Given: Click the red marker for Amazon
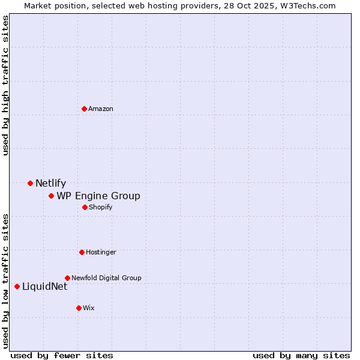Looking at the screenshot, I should pyautogui.click(x=84, y=109).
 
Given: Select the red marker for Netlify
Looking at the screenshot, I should pyautogui.click(x=30, y=183).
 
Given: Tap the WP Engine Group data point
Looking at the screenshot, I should pyautogui.click(x=51, y=196).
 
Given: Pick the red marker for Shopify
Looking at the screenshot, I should pyautogui.click(x=85, y=207).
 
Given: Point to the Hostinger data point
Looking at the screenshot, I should pyautogui.click(x=82, y=252).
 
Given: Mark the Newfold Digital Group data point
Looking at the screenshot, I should pyautogui.click(x=67, y=278).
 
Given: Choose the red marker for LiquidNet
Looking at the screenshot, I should pyautogui.click(x=17, y=286).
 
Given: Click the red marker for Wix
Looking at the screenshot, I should pyautogui.click(x=79, y=308).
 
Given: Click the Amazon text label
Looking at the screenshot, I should pyautogui.click(x=101, y=109).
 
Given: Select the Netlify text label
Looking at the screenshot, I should pyautogui.click(x=50, y=184).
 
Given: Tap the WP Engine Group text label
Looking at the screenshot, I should pyautogui.click(x=98, y=196).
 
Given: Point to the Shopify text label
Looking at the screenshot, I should pyautogui.click(x=101, y=208).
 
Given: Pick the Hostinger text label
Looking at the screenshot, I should pyautogui.click(x=101, y=253).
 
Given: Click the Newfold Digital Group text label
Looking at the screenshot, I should pyautogui.click(x=106, y=278).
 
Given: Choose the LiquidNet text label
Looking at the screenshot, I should pyautogui.click(x=44, y=287).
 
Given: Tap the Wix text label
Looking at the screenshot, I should pyautogui.click(x=89, y=308).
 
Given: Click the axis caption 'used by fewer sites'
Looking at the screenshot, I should pyautogui.click(x=62, y=355).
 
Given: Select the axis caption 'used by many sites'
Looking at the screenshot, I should pyautogui.click(x=301, y=355).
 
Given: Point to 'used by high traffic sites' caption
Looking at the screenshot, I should pyautogui.click(x=6, y=85).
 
